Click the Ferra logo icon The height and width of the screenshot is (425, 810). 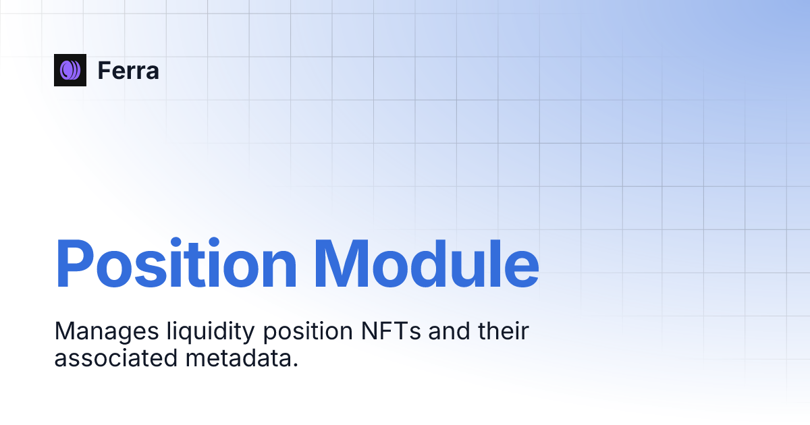[x=70, y=69]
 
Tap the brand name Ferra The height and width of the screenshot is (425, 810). [x=128, y=70]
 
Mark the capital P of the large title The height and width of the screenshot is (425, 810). [x=76, y=263]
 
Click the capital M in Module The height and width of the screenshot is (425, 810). [x=346, y=263]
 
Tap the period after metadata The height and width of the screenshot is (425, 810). [x=295, y=365]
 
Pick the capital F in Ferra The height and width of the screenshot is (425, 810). [x=104, y=70]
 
